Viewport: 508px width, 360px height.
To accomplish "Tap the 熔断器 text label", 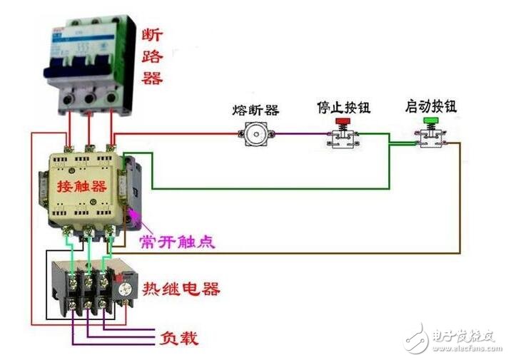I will pyautogui.click(x=255, y=110).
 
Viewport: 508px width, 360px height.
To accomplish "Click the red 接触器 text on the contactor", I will pyautogui.click(x=79, y=188).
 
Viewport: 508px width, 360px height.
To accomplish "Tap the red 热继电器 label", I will pyautogui.click(x=181, y=289).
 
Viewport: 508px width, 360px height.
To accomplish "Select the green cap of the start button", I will pyautogui.click(x=430, y=122).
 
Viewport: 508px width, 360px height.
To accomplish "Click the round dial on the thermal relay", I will pyautogui.click(x=124, y=290).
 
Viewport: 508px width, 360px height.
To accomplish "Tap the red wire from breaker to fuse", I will pyautogui.click(x=178, y=133).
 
